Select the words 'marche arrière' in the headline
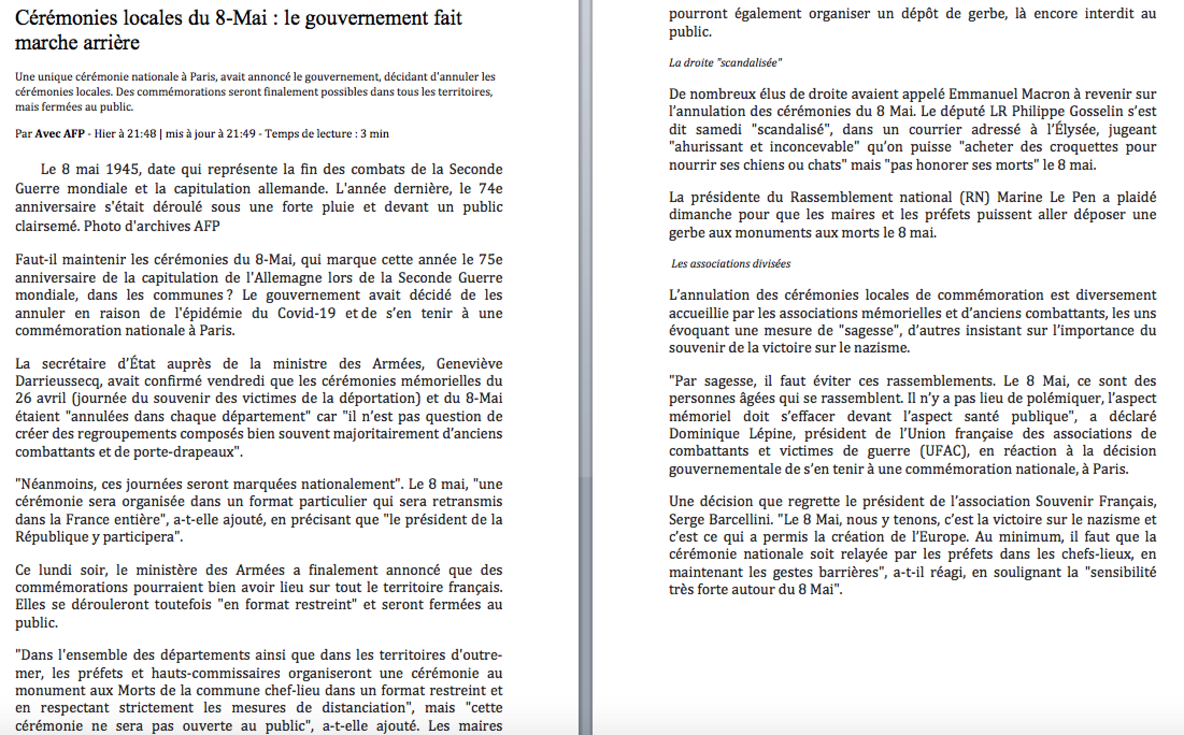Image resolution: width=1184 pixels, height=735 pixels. tap(77, 42)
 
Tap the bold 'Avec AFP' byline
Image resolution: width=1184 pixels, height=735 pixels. tap(60, 134)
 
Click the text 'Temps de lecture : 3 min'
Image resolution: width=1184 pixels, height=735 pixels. tap(327, 134)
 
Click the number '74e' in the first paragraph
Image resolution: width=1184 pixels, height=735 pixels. tap(490, 189)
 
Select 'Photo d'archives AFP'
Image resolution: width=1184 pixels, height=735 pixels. tap(152, 226)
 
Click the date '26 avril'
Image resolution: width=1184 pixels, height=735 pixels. tap(41, 399)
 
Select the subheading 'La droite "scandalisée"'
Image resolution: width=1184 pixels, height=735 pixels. tap(725, 63)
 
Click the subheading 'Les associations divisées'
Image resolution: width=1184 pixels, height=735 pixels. tap(731, 264)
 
